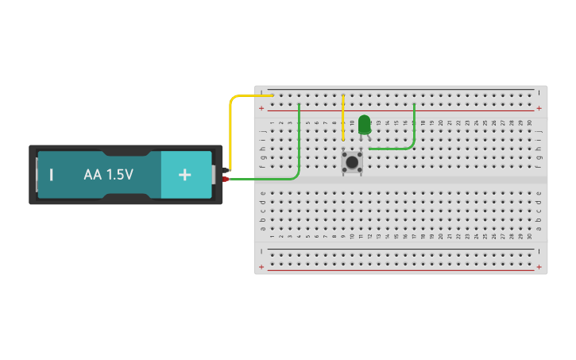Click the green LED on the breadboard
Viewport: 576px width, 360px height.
364,125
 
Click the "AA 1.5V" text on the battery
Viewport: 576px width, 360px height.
109,174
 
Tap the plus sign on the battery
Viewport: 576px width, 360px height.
184,174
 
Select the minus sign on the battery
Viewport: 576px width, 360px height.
52,174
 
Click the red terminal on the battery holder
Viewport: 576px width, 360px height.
226,180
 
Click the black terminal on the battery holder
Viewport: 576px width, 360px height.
226,170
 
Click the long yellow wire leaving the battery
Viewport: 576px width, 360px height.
231,127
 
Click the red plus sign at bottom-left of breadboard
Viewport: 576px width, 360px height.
261,267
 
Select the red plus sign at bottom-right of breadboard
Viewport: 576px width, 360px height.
539,267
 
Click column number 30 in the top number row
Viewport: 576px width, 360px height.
530,122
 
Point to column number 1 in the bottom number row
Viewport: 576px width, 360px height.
272,236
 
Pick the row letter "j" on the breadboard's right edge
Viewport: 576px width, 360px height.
539,131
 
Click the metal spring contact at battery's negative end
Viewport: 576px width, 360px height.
37,174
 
